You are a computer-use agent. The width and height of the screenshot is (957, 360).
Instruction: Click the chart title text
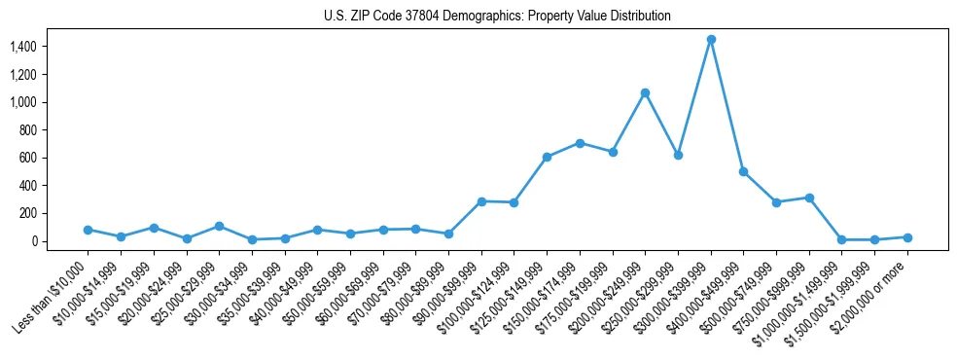497,17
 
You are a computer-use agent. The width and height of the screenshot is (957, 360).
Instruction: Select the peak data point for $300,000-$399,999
711,39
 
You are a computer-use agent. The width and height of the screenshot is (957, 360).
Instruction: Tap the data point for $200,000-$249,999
645,92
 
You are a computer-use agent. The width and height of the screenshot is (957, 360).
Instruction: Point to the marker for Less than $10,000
88,230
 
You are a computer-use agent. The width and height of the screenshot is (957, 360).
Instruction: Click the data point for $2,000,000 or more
907,237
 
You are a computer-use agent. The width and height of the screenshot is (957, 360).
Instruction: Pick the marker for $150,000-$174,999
580,143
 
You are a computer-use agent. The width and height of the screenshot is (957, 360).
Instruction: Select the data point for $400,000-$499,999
744,171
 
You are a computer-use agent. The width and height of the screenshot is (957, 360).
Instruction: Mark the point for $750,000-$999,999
809,198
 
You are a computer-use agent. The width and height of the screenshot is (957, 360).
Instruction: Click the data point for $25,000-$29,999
219,226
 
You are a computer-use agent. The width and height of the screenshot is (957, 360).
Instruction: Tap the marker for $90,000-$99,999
481,201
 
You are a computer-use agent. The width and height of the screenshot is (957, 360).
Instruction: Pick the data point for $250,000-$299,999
678,155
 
